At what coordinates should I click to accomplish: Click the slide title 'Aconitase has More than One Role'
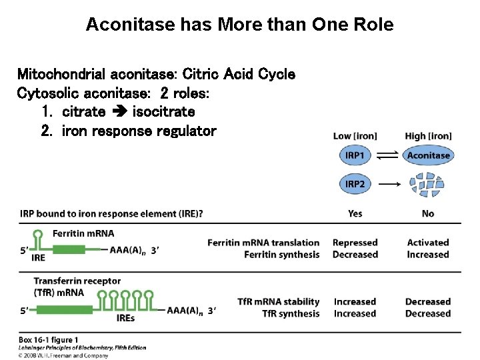point(239,25)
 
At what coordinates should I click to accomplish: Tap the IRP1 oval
point(355,155)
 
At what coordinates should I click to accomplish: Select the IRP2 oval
point(355,183)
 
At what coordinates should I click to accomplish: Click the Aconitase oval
point(428,155)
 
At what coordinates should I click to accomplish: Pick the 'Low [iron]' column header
point(355,136)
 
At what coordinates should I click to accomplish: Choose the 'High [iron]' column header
point(428,136)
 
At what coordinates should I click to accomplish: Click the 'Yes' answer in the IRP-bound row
point(355,213)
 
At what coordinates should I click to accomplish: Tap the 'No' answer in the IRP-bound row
point(428,213)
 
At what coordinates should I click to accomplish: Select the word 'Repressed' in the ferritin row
point(355,243)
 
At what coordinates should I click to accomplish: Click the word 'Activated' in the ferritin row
point(428,243)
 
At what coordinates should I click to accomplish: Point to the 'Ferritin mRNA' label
point(83,233)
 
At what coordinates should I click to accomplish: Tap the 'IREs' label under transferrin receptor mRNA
point(125,318)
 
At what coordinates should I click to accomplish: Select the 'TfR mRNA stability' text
point(279,302)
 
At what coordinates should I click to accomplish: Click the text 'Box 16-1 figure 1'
point(49,340)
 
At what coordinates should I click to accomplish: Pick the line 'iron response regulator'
point(139,131)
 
